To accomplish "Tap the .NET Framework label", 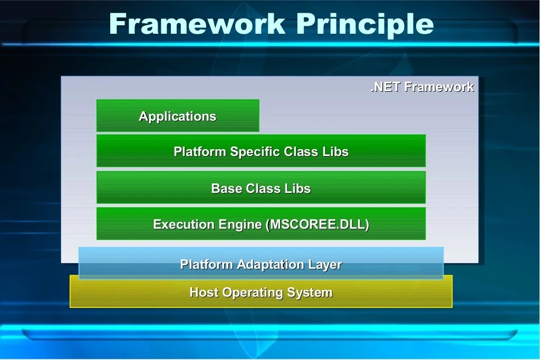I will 422,87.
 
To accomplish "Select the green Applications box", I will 178,116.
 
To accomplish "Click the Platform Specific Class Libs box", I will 261,151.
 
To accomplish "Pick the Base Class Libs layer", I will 261,188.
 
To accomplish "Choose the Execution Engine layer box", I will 261,224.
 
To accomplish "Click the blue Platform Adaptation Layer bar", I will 261,264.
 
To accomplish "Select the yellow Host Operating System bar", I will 261,292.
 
